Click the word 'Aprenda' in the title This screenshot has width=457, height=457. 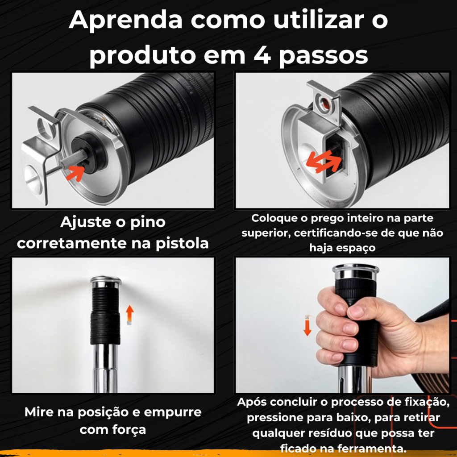(x=125, y=20)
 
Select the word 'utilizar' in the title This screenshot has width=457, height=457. (x=319, y=20)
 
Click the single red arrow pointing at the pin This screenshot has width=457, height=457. (x=75, y=173)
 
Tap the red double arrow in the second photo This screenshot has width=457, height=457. (x=324, y=161)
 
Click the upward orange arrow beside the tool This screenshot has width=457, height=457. (x=130, y=315)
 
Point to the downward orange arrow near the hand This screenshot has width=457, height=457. (x=307, y=325)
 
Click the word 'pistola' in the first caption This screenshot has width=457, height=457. (x=182, y=244)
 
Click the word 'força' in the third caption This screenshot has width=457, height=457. (x=129, y=430)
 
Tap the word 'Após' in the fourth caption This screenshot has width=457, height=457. (x=252, y=402)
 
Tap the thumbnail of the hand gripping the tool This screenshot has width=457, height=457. (x=342, y=325)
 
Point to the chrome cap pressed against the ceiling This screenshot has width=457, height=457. (x=106, y=281)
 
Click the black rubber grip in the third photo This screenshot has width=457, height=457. (x=105, y=316)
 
